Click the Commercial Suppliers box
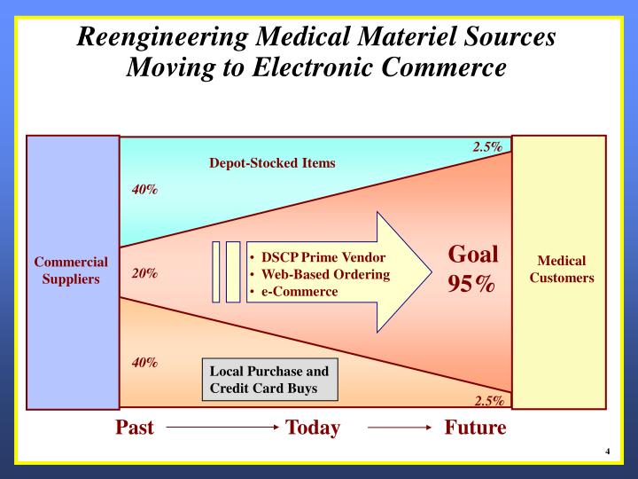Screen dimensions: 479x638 click(x=72, y=271)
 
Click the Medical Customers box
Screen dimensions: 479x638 click(x=560, y=271)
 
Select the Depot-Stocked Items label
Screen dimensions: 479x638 click(x=272, y=163)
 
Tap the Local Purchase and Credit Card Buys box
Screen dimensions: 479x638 click(x=269, y=380)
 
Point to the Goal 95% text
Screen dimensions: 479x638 click(x=472, y=270)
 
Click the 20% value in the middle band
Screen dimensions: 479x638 click(x=145, y=273)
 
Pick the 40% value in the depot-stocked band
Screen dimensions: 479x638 click(x=145, y=190)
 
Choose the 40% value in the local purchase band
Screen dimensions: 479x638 click(x=145, y=362)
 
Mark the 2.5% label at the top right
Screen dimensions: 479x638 click(x=487, y=147)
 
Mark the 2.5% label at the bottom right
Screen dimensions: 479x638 click(x=487, y=400)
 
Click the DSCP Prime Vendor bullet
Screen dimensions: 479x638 click(x=323, y=257)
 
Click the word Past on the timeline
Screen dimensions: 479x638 click(x=135, y=428)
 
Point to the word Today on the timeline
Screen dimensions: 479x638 click(x=313, y=428)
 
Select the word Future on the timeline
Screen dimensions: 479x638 click(x=475, y=428)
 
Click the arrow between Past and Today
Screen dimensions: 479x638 click(x=222, y=428)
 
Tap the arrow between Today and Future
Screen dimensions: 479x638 click(x=399, y=428)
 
